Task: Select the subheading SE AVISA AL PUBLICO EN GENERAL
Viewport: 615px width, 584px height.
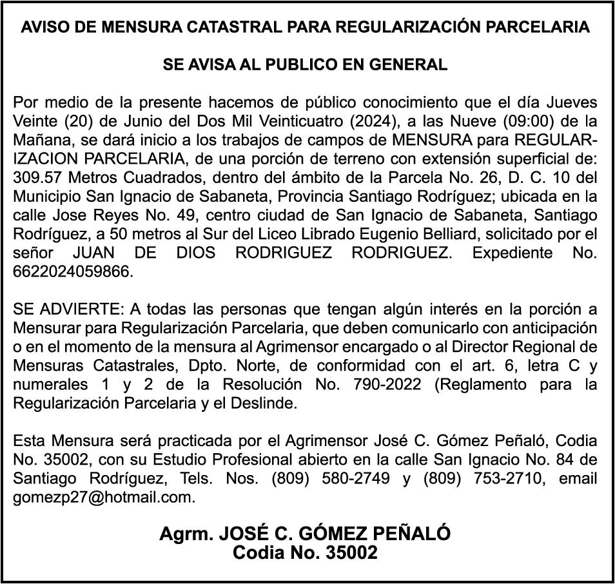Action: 305,64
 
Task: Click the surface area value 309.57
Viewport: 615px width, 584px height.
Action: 37,177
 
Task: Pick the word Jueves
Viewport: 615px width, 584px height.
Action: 571,102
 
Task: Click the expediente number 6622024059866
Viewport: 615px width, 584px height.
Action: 72,271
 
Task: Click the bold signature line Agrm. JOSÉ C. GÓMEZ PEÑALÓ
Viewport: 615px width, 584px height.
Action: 305,534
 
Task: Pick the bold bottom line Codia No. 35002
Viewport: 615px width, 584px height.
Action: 305,552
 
